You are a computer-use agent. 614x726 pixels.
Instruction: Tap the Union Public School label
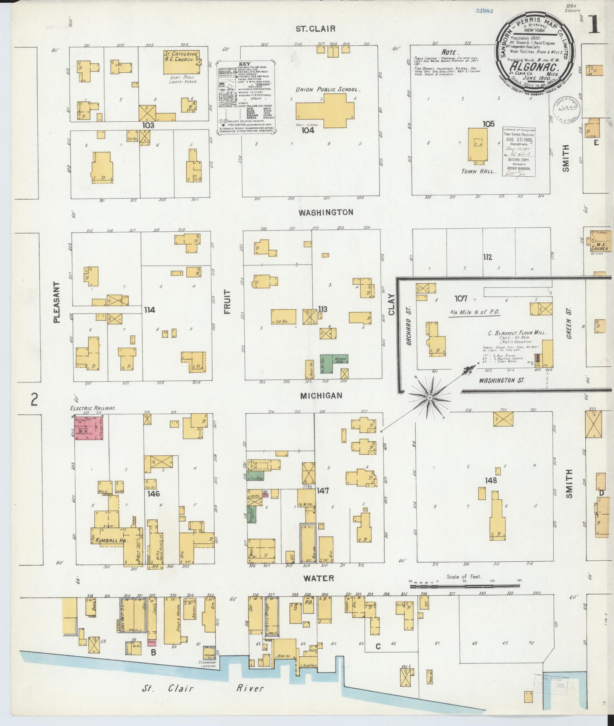click(328, 90)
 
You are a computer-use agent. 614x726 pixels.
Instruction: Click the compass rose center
click(430, 398)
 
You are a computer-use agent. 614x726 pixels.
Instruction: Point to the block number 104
click(307, 130)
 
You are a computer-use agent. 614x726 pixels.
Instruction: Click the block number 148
click(491, 480)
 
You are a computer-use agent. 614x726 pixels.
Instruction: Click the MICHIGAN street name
click(321, 396)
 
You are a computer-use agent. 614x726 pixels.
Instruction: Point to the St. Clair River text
click(203, 689)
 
